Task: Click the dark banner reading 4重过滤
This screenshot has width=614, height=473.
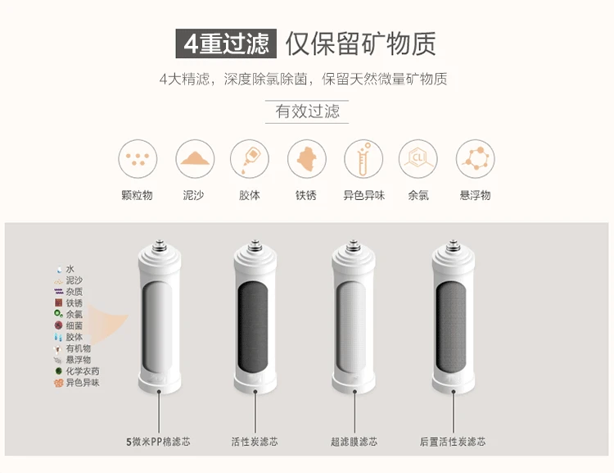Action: [x=226, y=43]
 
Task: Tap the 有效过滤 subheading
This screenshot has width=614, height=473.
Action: [x=307, y=111]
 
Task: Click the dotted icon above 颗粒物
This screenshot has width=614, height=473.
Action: [x=138, y=159]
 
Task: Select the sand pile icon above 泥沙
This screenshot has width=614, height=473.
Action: [x=195, y=159]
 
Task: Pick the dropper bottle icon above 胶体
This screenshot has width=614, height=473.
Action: [x=250, y=159]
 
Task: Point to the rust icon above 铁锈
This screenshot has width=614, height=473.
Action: [x=307, y=159]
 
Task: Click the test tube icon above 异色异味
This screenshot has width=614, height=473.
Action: [x=363, y=159]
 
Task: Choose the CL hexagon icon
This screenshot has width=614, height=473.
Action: [x=418, y=159]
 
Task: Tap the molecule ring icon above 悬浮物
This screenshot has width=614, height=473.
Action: [x=476, y=159]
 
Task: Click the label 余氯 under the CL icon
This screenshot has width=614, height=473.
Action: [x=418, y=195]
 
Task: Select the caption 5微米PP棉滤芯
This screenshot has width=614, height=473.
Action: [x=158, y=442]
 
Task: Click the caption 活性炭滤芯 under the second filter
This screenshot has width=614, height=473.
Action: [x=255, y=442]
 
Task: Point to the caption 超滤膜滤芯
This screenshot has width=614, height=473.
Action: [x=354, y=442]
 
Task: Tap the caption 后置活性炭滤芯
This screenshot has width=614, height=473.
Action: [x=453, y=442]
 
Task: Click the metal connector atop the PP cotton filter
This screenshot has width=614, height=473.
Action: [x=160, y=244]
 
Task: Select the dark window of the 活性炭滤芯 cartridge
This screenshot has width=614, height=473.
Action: [x=253, y=327]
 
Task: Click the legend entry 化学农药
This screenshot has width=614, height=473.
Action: [x=77, y=371]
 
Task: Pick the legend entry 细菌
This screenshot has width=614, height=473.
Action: [x=69, y=325]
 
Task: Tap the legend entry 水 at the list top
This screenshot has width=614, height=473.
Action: [x=65, y=269]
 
